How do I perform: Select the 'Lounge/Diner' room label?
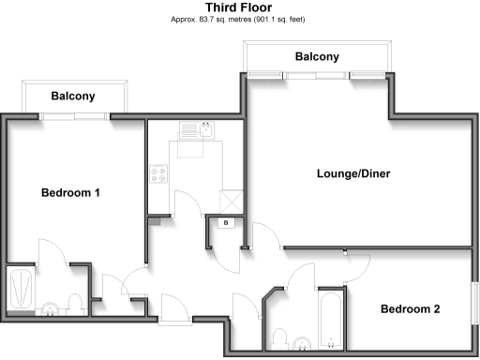point(352,173)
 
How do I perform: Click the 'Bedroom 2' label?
point(410,308)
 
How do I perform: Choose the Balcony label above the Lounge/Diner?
point(317,57)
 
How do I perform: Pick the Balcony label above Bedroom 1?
point(73,96)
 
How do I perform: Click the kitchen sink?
point(200,130)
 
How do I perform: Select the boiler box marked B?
point(226,222)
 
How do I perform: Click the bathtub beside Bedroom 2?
point(331,319)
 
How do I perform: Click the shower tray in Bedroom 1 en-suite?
point(20,290)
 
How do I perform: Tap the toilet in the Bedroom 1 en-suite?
point(76,304)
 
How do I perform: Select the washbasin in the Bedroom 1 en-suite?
point(50,307)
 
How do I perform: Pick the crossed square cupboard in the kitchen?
point(229,201)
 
